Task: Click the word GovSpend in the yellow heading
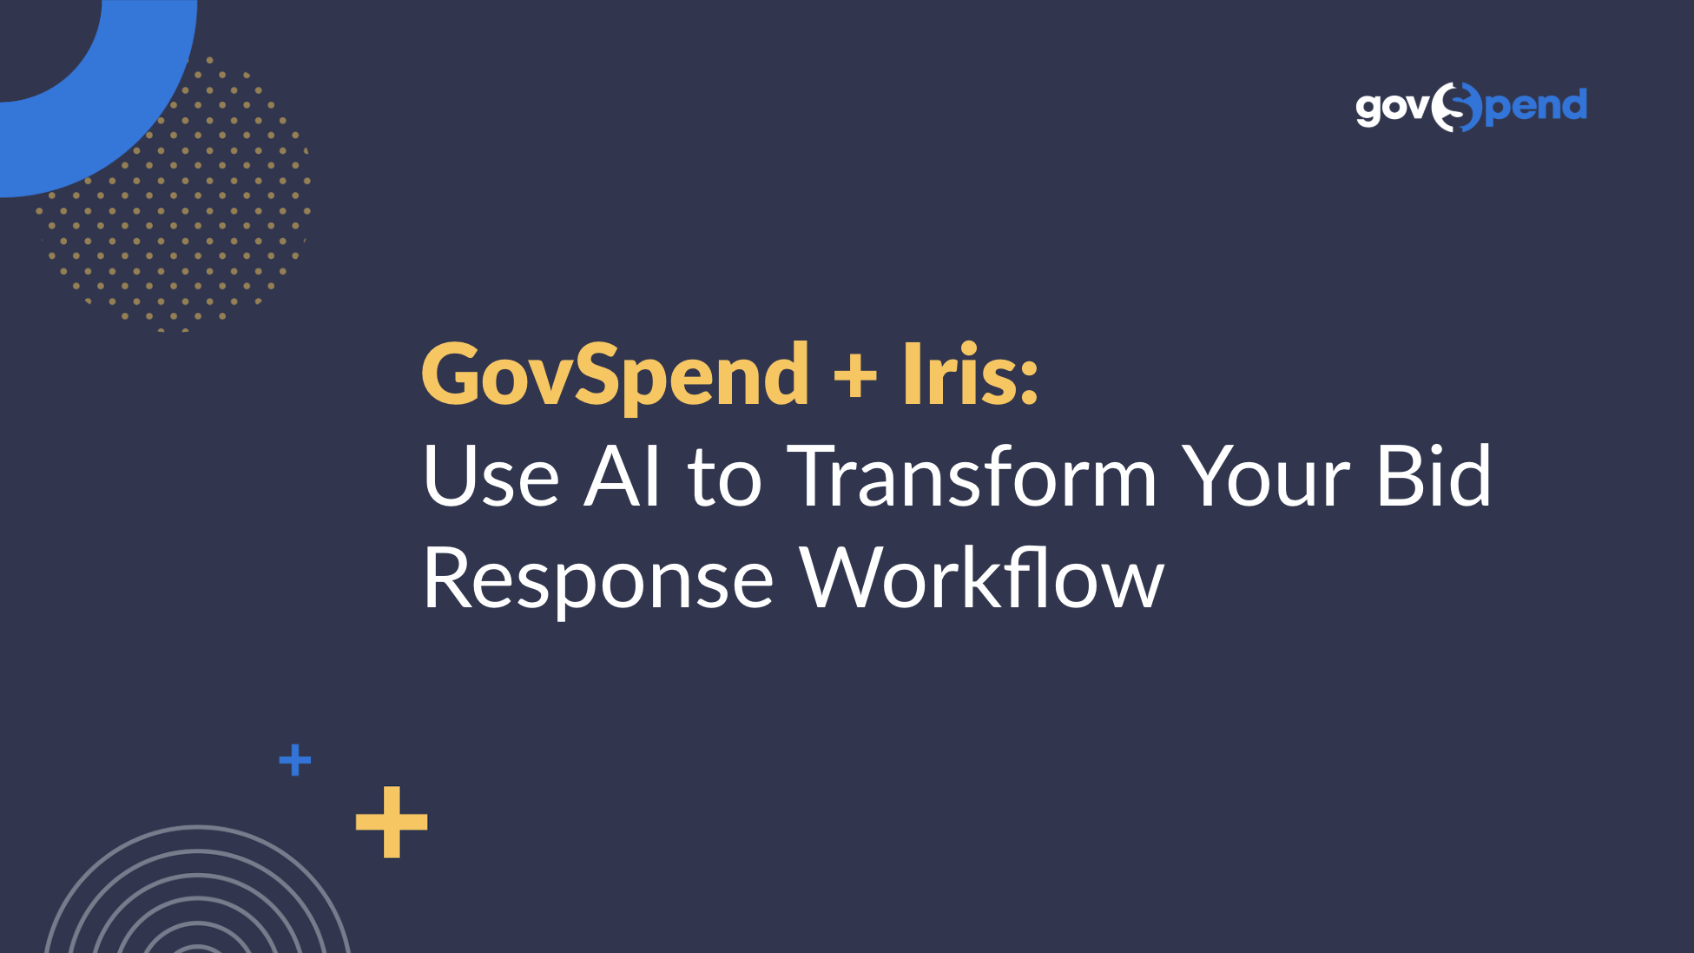616,376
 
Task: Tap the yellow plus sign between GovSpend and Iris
855,377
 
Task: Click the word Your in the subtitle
1268,476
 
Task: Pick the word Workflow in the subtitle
982,577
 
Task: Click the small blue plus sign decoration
295,760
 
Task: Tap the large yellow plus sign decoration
392,822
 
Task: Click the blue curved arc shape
130,130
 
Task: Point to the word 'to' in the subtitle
725,480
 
